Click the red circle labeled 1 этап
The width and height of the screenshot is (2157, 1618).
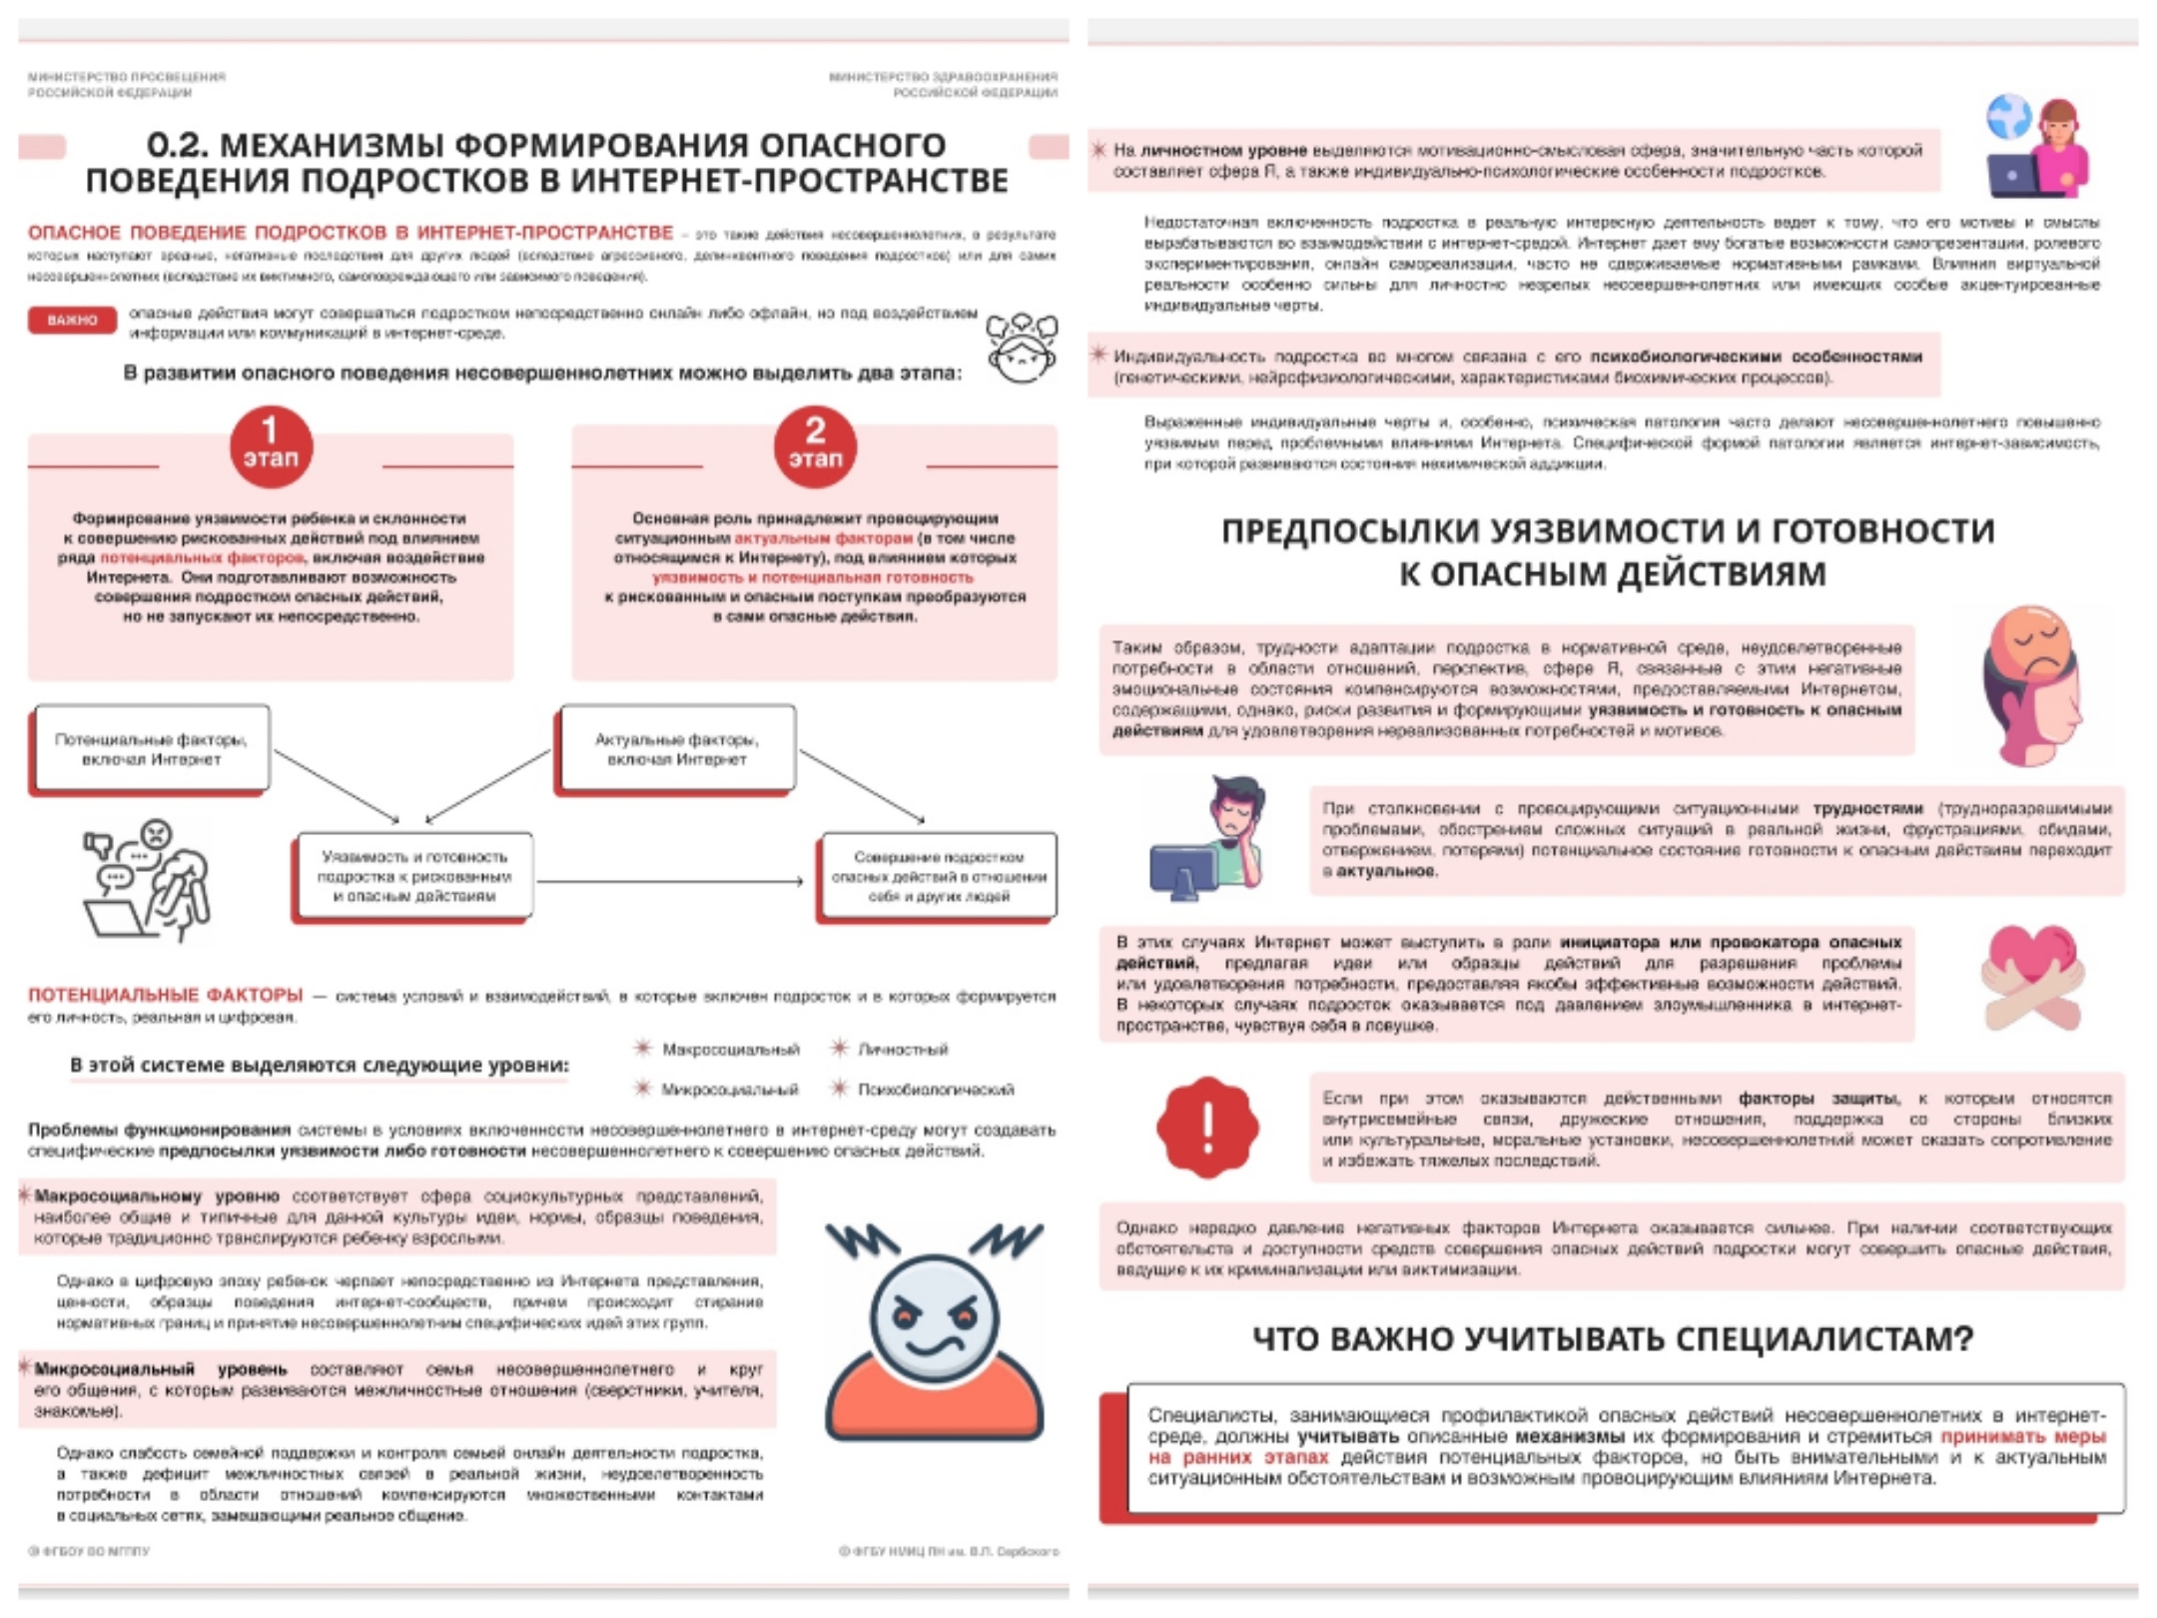click(x=271, y=446)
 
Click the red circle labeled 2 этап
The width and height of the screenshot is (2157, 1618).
click(x=815, y=446)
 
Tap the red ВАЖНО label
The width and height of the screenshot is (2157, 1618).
click(x=72, y=321)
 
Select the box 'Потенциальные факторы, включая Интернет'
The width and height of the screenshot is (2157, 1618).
click(x=151, y=749)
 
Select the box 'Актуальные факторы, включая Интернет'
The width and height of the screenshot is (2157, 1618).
click(x=676, y=749)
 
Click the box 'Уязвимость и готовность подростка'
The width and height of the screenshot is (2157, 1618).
click(x=413, y=876)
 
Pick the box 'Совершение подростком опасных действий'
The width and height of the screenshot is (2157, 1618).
click(x=938, y=876)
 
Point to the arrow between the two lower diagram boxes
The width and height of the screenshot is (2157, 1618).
click(x=669, y=881)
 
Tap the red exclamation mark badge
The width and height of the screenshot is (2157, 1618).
click(x=1207, y=1127)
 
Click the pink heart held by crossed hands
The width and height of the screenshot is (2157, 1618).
click(x=2032, y=974)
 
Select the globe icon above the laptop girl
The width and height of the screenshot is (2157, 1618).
click(x=2009, y=117)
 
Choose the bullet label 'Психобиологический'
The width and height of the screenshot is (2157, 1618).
click(x=935, y=1089)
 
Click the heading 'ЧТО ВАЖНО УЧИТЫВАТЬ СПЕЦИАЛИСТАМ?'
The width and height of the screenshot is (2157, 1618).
click(x=1612, y=1338)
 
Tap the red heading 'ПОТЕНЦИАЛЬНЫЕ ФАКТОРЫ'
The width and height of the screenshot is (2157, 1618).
click(x=165, y=995)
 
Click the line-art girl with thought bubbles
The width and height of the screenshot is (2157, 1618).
click(x=1021, y=347)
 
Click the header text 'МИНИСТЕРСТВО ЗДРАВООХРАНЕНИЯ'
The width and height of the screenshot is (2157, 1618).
click(x=943, y=77)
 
